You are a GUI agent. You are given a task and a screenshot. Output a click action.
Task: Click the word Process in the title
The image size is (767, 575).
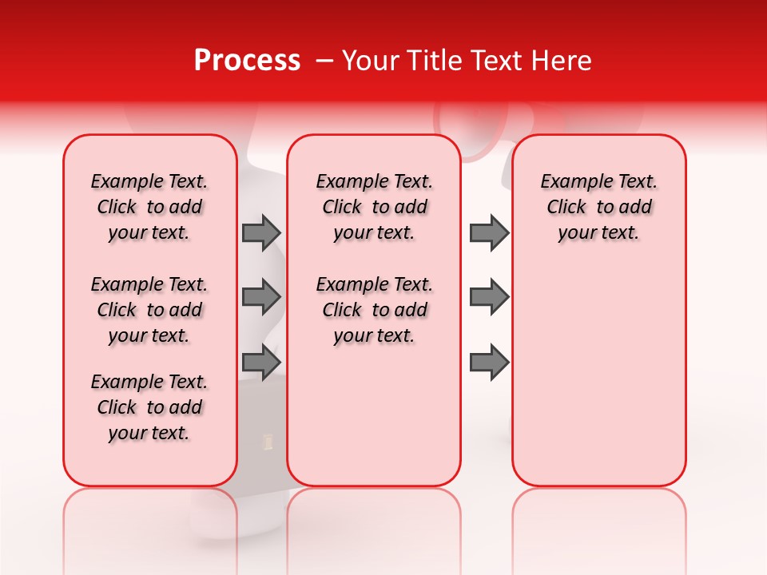[247, 61]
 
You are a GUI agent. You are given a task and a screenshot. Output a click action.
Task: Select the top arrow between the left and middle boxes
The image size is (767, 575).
[261, 233]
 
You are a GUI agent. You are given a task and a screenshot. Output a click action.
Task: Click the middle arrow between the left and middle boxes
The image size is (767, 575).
[261, 297]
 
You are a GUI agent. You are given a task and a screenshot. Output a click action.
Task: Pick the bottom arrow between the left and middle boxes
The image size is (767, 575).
[261, 362]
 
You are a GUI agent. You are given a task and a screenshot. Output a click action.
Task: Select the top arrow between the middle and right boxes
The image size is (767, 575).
[489, 233]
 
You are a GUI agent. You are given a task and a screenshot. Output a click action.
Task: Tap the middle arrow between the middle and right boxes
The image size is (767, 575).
[489, 297]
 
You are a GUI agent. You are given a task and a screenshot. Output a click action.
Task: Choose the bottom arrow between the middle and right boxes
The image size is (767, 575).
[489, 362]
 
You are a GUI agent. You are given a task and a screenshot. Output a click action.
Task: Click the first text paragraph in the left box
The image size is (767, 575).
[149, 207]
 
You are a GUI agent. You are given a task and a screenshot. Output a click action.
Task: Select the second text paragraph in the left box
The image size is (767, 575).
[149, 310]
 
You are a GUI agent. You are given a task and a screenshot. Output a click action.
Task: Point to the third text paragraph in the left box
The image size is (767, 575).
[149, 407]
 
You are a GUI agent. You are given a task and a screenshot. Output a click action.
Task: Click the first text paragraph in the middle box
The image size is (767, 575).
[374, 207]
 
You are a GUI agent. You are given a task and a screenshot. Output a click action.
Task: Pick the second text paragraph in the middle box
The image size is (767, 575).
[374, 310]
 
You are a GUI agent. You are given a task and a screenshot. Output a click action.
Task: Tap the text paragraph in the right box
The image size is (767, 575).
[598, 207]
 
